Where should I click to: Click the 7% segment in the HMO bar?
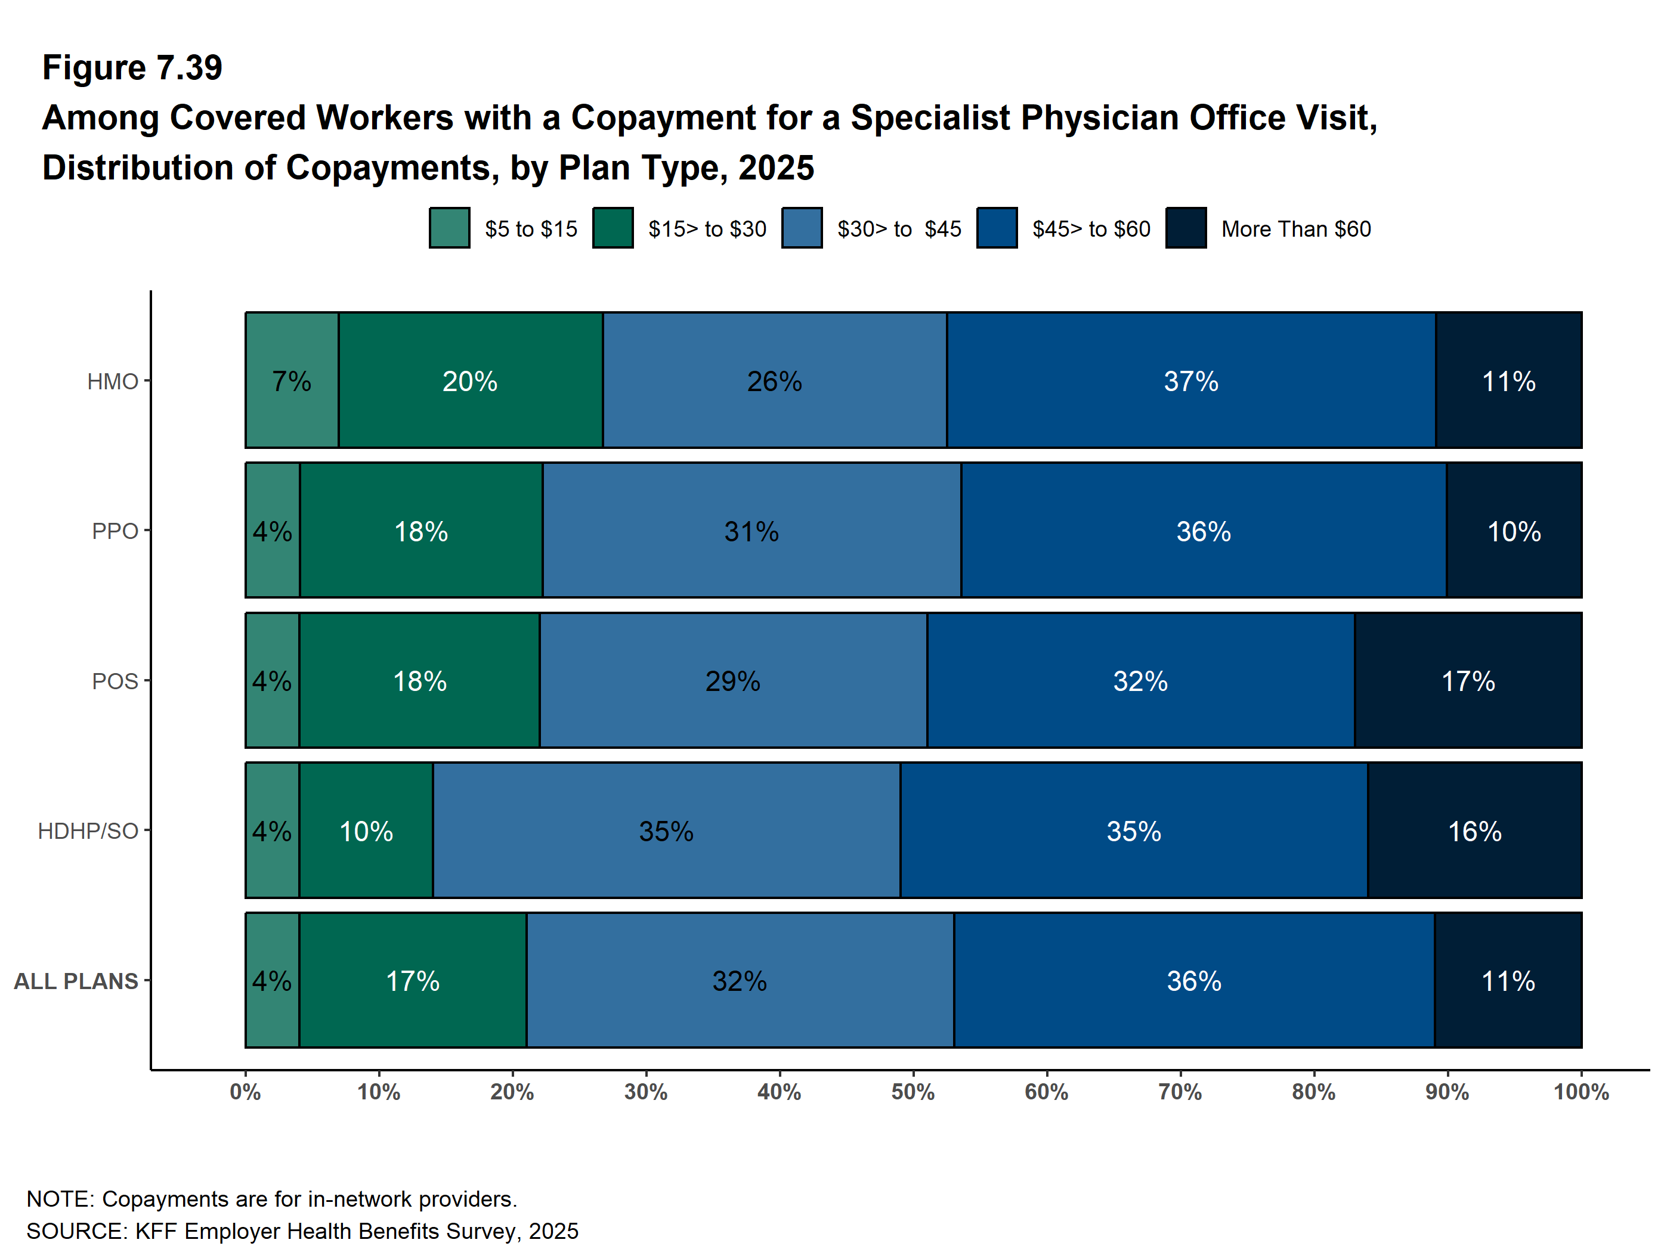tap(292, 380)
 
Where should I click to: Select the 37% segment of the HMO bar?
tap(1191, 380)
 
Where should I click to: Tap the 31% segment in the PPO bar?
tap(751, 530)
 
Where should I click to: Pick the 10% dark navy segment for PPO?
tap(1514, 530)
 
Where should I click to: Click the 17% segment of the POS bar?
tap(1468, 680)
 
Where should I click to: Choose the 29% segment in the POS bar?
tap(733, 680)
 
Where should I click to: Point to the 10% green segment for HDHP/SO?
tap(366, 830)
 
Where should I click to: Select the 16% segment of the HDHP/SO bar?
tap(1474, 830)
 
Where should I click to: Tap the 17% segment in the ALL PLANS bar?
tap(413, 980)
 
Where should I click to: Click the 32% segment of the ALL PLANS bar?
tap(740, 980)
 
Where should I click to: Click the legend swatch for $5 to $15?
tap(450, 228)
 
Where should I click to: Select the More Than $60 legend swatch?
tap(1186, 228)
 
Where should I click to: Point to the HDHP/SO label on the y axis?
tap(88, 831)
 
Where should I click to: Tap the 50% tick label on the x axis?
tap(913, 1092)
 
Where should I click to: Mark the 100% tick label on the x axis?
tap(1581, 1092)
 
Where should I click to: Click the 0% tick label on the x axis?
tap(245, 1092)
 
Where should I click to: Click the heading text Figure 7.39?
tap(132, 68)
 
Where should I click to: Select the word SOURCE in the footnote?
tap(76, 1231)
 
